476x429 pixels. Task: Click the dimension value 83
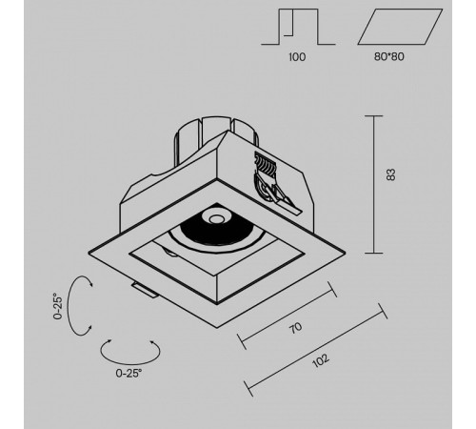pos(391,174)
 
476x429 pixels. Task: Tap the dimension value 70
pos(295,328)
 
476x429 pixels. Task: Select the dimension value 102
pos(321,360)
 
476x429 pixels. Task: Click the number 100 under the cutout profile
pos(297,57)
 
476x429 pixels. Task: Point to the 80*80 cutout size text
pos(389,57)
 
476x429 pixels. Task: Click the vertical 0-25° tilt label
pos(58,306)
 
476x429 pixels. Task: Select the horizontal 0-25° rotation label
pos(129,373)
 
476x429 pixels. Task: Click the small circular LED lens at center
pos(216,218)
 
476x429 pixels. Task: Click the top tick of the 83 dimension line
pos(373,116)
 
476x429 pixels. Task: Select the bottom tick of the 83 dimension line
pos(373,253)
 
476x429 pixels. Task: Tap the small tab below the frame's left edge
pos(145,290)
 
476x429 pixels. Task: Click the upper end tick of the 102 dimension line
pos(383,311)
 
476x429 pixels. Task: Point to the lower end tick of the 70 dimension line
pos(242,341)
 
